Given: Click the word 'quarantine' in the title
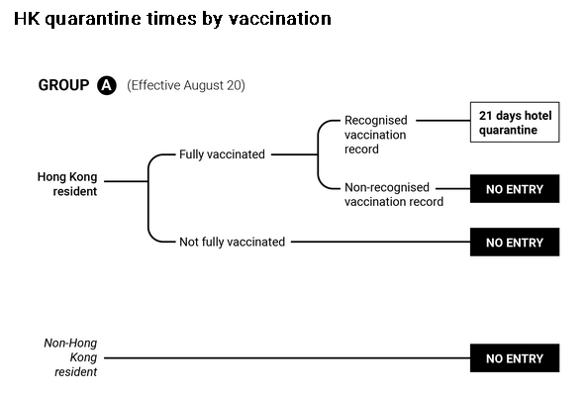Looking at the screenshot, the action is pos(93,20).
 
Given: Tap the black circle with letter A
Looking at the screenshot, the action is pos(107,85).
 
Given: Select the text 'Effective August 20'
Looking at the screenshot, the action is pos(186,85).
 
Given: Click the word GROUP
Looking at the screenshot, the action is pos(63,85).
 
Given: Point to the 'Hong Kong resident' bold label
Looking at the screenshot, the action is pos(67,184).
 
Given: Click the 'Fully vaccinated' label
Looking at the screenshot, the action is pos(222,154).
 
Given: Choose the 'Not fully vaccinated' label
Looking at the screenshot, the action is pos(232,242).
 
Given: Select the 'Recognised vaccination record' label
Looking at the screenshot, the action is pos(376,135).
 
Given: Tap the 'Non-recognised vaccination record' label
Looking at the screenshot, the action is pos(394,194).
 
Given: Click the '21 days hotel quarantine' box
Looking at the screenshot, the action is pos(515,122).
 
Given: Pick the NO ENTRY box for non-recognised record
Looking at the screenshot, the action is pos(515,189).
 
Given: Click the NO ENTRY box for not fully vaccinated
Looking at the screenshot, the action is pos(515,242).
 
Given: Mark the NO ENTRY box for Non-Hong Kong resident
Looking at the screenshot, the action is pos(515,358).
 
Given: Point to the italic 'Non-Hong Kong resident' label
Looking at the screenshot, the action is pos(70,357).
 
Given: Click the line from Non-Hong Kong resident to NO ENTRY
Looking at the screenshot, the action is pos(287,358).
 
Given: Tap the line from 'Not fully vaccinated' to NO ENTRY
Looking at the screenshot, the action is pos(381,242).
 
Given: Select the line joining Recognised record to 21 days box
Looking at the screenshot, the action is pos(443,121).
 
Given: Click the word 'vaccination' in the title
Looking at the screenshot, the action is pos(280,19).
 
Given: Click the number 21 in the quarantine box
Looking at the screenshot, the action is pos(485,116).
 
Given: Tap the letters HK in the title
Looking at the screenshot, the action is pos(27,19).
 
